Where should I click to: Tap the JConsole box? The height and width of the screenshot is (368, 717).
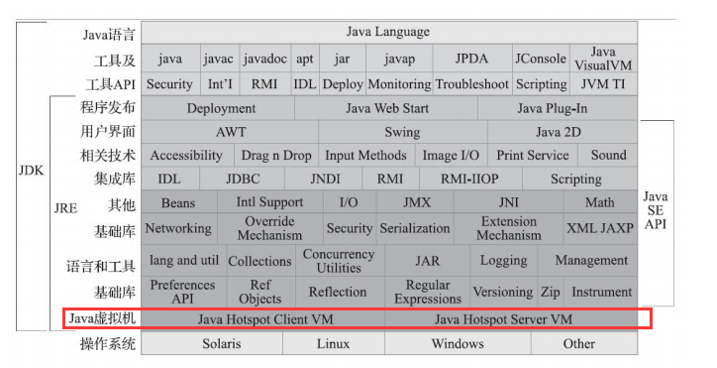pos(540,59)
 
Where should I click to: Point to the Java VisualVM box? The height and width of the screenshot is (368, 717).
pos(602,59)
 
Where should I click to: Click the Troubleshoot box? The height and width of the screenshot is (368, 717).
pos(472,84)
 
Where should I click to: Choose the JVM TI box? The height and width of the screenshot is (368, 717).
pos(602,84)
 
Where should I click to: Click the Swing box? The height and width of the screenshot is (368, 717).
pos(402,132)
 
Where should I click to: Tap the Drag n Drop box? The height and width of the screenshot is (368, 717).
pos(276,156)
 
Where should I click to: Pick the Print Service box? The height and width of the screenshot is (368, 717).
pos(533,156)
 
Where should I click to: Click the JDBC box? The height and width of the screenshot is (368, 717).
pos(242,180)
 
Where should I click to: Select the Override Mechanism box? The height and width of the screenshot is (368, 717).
pos(269,228)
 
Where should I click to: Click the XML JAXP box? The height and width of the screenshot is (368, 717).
pos(600,228)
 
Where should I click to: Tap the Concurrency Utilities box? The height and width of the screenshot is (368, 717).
pos(339,261)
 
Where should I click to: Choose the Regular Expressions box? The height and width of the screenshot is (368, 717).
pos(428,292)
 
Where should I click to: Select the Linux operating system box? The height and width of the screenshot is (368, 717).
pos(333,343)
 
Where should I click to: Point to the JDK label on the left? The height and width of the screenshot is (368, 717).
pos(32,170)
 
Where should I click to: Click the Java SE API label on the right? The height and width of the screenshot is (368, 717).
pos(657,209)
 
